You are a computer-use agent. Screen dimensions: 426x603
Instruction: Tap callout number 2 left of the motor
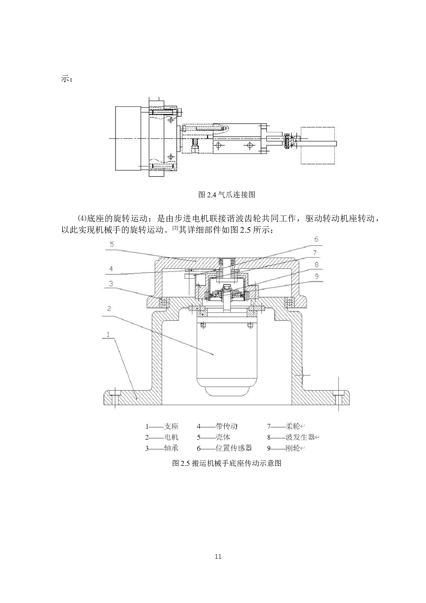(109, 308)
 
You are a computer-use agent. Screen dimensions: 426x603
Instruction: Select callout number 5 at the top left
(112, 244)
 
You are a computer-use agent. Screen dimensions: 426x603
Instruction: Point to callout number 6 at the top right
(316, 239)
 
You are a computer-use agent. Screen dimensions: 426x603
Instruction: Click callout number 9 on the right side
(316, 276)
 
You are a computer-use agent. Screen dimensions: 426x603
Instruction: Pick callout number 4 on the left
(111, 269)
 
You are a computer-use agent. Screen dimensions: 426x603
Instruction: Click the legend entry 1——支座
(162, 427)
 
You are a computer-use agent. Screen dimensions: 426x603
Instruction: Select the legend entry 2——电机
(162, 437)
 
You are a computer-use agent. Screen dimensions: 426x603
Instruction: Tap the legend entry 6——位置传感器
(224, 448)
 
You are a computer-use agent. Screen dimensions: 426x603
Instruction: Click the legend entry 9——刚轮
(285, 448)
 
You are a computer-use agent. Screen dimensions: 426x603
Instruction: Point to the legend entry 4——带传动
(217, 427)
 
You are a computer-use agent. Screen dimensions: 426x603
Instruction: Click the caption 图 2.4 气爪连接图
(227, 195)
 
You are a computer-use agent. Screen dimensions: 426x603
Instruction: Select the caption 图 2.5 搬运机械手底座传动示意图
(227, 463)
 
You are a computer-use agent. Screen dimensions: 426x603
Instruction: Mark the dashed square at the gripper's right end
(318, 145)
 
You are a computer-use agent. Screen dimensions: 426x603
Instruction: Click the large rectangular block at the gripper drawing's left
(128, 138)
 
